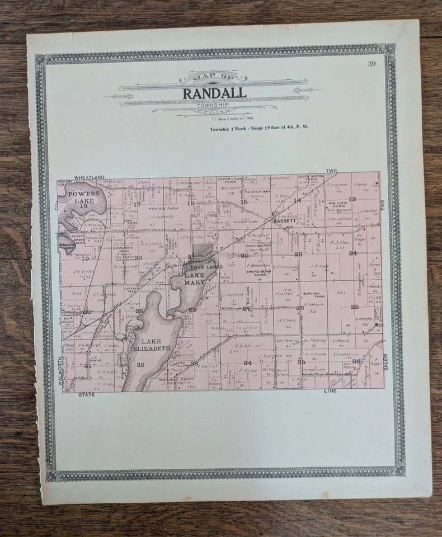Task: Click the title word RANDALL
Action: [x=214, y=93]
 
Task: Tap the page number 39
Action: [x=372, y=63]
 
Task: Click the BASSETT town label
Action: [x=284, y=221]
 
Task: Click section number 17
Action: [x=137, y=204]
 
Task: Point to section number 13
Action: [x=352, y=199]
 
